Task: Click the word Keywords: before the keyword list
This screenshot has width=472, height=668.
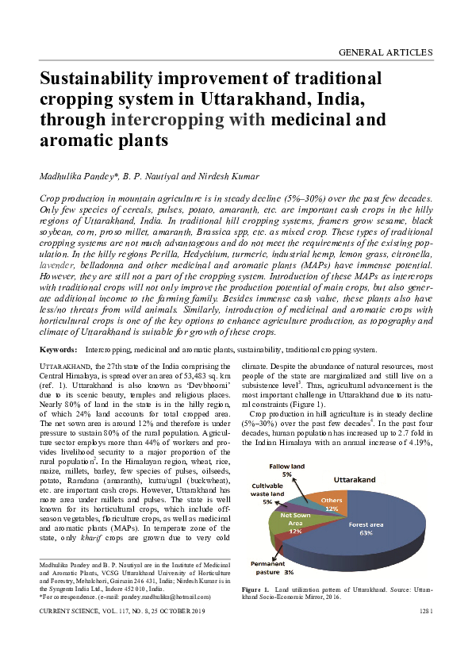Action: pos(58,349)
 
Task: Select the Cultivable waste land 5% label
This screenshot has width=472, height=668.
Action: pos(274,493)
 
